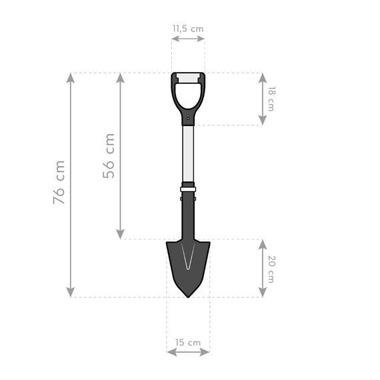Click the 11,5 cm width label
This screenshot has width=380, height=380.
coord(188,29)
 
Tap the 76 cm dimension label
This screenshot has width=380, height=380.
coord(59,182)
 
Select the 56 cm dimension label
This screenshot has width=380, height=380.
coord(109,155)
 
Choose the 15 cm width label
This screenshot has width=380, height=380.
coord(188,342)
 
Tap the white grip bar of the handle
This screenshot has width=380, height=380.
coord(188,79)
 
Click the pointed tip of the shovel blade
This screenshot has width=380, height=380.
coord(188,295)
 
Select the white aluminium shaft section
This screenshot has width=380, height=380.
coord(188,153)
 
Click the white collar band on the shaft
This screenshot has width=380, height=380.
coord(188,189)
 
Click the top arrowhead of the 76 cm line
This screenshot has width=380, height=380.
coord(71,77)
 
